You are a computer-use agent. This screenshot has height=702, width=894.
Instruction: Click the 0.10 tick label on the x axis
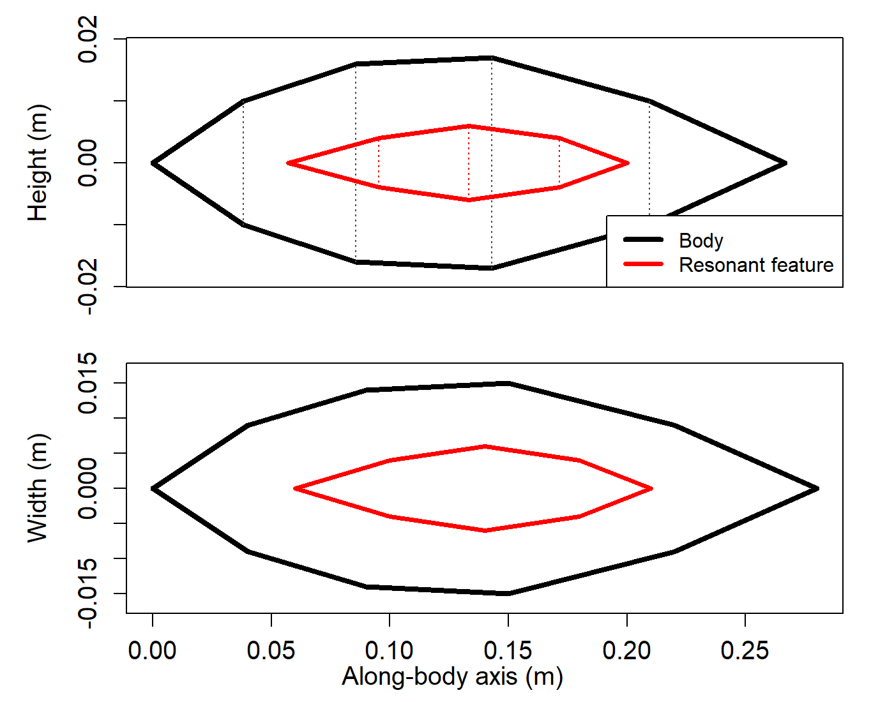[389, 651]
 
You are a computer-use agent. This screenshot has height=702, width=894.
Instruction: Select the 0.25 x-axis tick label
[745, 651]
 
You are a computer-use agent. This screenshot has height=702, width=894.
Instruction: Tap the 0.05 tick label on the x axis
[271, 651]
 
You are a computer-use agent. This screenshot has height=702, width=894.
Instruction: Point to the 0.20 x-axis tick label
[626, 651]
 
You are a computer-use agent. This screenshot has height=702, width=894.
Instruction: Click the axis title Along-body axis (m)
[452, 676]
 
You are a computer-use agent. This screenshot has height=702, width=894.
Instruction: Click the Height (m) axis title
[38, 163]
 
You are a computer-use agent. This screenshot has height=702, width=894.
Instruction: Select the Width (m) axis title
[38, 488]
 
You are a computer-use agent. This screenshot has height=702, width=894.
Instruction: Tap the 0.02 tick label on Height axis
[88, 40]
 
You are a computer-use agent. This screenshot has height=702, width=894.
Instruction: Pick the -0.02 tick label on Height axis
[88, 287]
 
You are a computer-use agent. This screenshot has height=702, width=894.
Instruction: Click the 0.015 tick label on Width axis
[88, 383]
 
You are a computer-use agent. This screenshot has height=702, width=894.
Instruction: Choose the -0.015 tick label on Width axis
[88, 594]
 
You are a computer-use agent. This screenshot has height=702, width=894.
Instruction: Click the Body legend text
[701, 241]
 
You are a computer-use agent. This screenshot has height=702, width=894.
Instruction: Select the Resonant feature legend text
[755, 265]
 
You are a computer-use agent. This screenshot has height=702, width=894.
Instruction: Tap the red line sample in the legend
[644, 264]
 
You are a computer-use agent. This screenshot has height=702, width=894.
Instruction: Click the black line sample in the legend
[644, 240]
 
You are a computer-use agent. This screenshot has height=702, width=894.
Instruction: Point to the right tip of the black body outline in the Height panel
[785, 163]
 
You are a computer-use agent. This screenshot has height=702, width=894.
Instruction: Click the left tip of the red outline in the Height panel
[288, 163]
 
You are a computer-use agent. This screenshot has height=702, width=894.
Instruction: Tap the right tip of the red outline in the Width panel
[651, 488]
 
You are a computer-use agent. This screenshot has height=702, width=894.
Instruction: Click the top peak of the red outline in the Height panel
[469, 126]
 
